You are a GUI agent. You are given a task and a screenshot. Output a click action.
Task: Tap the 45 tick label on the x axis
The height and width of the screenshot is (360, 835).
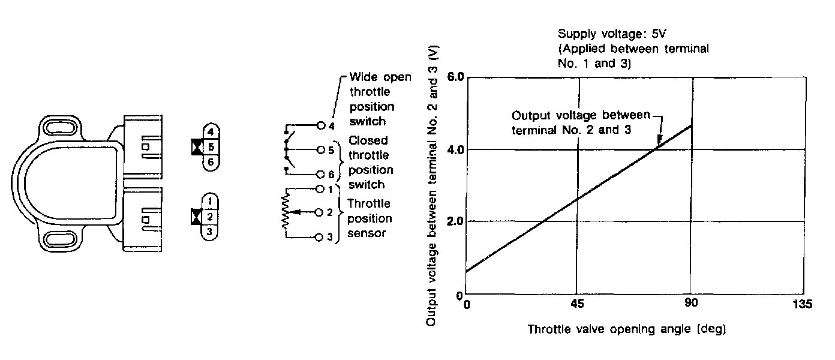click(x=577, y=304)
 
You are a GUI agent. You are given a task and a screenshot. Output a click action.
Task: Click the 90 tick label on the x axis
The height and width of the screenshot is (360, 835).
click(x=692, y=304)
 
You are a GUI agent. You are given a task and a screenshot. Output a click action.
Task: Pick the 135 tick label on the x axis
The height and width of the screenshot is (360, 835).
click(x=802, y=305)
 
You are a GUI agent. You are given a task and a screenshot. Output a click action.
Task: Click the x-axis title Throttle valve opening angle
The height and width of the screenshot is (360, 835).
click(x=627, y=329)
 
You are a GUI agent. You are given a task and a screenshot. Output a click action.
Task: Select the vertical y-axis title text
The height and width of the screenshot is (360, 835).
click(x=431, y=186)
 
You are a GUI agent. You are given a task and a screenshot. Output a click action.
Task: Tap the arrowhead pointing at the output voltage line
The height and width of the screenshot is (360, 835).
click(x=659, y=143)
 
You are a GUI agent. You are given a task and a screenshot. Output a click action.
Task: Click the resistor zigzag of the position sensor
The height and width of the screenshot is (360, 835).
click(x=285, y=212)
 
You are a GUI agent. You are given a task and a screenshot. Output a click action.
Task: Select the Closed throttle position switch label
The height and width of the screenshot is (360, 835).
click(x=370, y=162)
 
